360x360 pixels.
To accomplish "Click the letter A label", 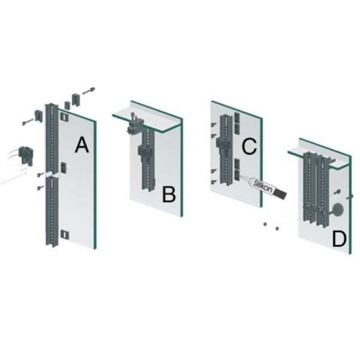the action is point(82,144).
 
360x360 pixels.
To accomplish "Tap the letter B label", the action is point(169,195).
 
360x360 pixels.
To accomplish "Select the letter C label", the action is point(249,146).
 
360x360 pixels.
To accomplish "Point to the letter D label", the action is point(339,239).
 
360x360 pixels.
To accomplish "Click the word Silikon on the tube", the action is point(263,186).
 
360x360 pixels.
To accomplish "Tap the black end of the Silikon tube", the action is point(280,194).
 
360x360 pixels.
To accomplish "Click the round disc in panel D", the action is point(337,210).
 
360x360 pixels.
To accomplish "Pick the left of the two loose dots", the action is point(265,224).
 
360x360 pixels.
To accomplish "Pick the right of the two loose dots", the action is point(277,229).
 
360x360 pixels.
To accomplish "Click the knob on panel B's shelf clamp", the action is point(133,114).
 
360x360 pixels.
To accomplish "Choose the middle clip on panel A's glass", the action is point(63,167).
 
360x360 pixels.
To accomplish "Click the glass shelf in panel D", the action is point(319,160).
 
